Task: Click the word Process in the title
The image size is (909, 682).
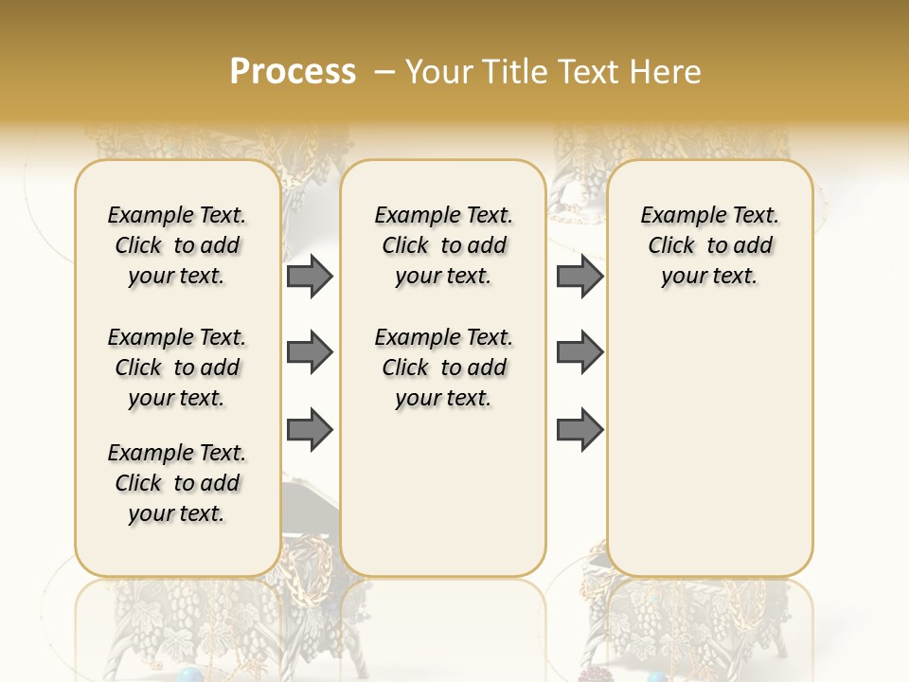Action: coord(293,71)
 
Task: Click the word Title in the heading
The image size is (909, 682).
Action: coord(516,71)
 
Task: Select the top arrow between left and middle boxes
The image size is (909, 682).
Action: coord(310,277)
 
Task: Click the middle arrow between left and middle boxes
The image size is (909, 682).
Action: coord(310,352)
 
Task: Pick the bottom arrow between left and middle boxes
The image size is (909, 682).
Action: coord(310,430)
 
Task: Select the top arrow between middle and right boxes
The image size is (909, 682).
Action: coord(580,277)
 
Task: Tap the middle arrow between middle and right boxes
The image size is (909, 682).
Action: coord(580,352)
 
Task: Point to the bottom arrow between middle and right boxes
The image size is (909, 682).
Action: coord(580,430)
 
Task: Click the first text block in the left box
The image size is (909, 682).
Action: coord(177,245)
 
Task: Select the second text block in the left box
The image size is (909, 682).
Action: coord(177,368)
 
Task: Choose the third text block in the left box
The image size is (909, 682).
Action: coord(177,483)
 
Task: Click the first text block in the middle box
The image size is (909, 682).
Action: coord(443,245)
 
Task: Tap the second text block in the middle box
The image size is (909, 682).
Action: coord(443,368)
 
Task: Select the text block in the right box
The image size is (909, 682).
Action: coord(710,245)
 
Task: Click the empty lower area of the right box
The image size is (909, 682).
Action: coord(710,445)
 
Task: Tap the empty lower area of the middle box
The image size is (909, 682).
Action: coord(443,493)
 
